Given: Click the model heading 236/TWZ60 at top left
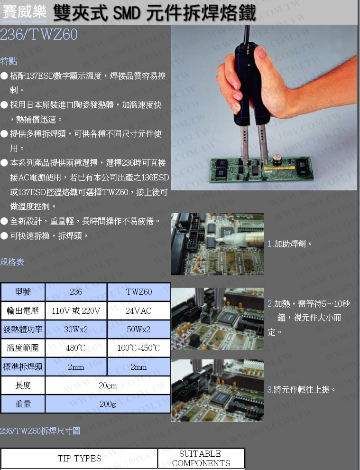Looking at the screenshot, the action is [x=38, y=34].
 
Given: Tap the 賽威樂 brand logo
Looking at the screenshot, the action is [x=24, y=12].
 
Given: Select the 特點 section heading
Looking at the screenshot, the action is [x=9, y=61].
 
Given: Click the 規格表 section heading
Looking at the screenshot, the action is [x=12, y=262].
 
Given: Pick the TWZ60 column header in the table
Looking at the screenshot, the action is [x=138, y=292].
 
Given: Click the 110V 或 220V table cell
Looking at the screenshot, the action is [x=76, y=311].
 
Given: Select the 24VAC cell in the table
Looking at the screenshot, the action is [x=138, y=311].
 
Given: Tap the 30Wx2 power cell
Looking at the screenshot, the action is [x=76, y=329].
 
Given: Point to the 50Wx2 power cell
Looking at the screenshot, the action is [x=138, y=329].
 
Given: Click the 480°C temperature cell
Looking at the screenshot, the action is [x=76, y=348].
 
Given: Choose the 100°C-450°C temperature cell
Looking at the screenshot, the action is [x=138, y=348].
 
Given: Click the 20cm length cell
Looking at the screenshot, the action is [x=108, y=385].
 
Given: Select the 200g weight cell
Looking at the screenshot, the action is [x=108, y=404].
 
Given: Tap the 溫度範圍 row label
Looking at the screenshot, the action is [x=23, y=348].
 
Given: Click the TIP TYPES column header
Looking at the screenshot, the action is [x=79, y=458].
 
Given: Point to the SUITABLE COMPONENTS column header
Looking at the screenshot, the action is [x=201, y=458].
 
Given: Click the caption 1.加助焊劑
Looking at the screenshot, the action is [x=290, y=244].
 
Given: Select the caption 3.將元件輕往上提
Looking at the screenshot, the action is [x=301, y=390].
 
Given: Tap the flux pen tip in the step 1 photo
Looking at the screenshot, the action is [x=218, y=240].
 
